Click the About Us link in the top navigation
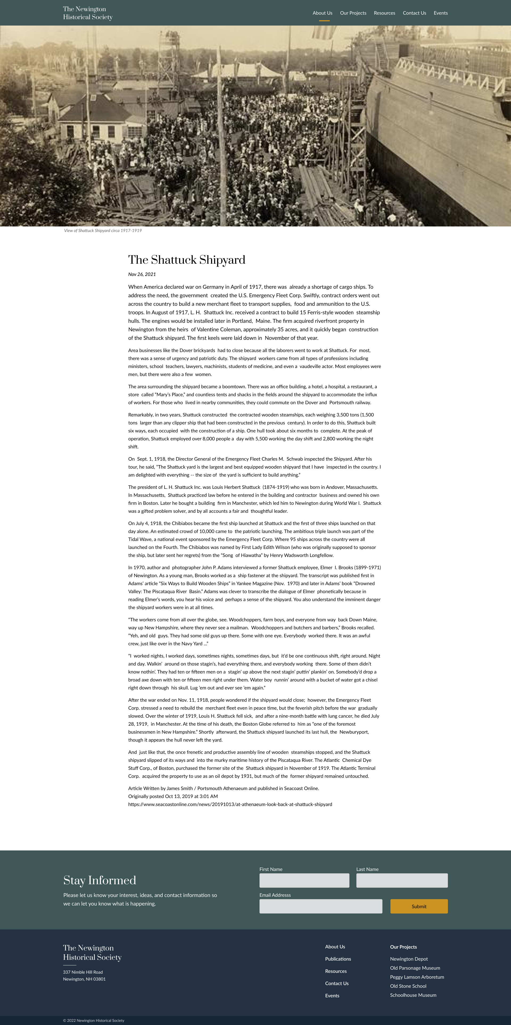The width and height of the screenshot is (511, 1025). tap(322, 13)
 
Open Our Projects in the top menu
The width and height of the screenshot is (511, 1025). tap(353, 13)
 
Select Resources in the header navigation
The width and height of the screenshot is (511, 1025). tap(384, 13)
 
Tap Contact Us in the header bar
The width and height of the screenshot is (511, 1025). tap(414, 13)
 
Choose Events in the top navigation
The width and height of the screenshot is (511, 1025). tap(440, 13)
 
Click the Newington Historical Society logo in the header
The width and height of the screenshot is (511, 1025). tap(88, 13)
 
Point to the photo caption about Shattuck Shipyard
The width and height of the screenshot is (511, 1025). tap(103, 230)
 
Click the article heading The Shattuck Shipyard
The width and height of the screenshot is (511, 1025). tap(187, 260)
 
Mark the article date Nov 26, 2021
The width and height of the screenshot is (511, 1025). tap(142, 274)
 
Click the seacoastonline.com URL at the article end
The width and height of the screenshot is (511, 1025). tap(230, 804)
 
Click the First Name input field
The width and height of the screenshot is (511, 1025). tap(304, 880)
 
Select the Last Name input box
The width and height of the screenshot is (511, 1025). tap(402, 880)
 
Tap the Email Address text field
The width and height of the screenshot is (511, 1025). tap(321, 906)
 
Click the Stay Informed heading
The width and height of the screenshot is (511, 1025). tap(100, 880)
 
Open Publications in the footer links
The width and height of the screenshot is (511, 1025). tap(338, 959)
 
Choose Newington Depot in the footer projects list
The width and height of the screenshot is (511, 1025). tap(409, 959)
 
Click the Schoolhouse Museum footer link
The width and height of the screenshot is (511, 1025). tap(413, 995)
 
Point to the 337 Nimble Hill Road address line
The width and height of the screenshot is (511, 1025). tap(83, 972)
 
